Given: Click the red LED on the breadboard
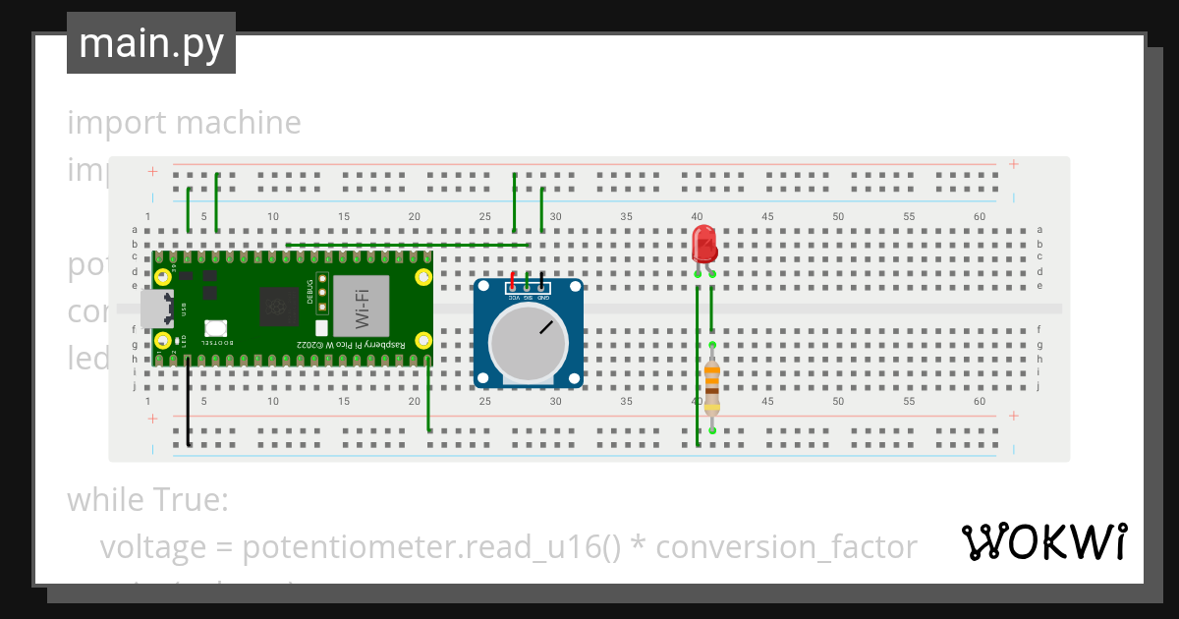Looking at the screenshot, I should [703, 242].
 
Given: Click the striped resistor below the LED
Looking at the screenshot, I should [711, 386].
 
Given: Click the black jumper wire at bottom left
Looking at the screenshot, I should [189, 403].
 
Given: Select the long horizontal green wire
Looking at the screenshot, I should [408, 245].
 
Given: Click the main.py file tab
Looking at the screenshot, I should [151, 43].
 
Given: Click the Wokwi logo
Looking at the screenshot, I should [1043, 541].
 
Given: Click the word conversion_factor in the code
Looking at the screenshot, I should [786, 546].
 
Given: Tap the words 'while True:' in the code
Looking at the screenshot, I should [147, 500].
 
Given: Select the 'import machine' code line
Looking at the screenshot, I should [184, 123].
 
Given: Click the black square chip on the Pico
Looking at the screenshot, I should [278, 308].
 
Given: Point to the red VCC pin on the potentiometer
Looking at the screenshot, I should [513, 278].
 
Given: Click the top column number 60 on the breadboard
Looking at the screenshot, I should [979, 216].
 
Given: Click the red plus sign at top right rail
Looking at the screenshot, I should [1013, 164].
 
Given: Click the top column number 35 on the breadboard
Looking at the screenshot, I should [626, 216].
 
